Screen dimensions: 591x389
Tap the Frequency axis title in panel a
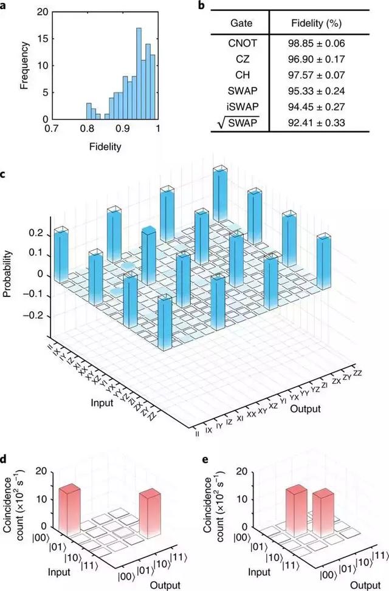pyautogui.click(x=25, y=65)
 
